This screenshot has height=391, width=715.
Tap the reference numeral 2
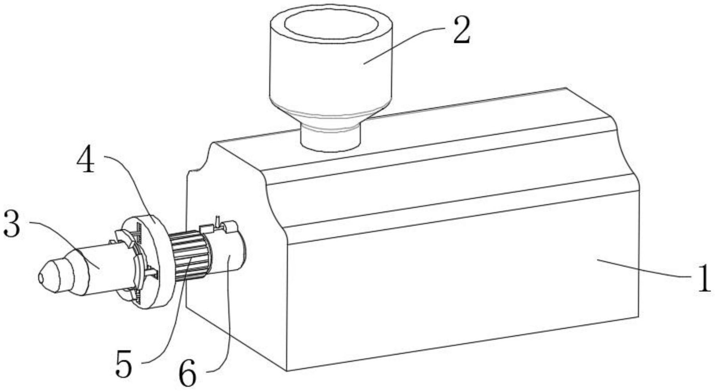(x=461, y=31)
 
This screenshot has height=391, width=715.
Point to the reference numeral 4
(x=86, y=161)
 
